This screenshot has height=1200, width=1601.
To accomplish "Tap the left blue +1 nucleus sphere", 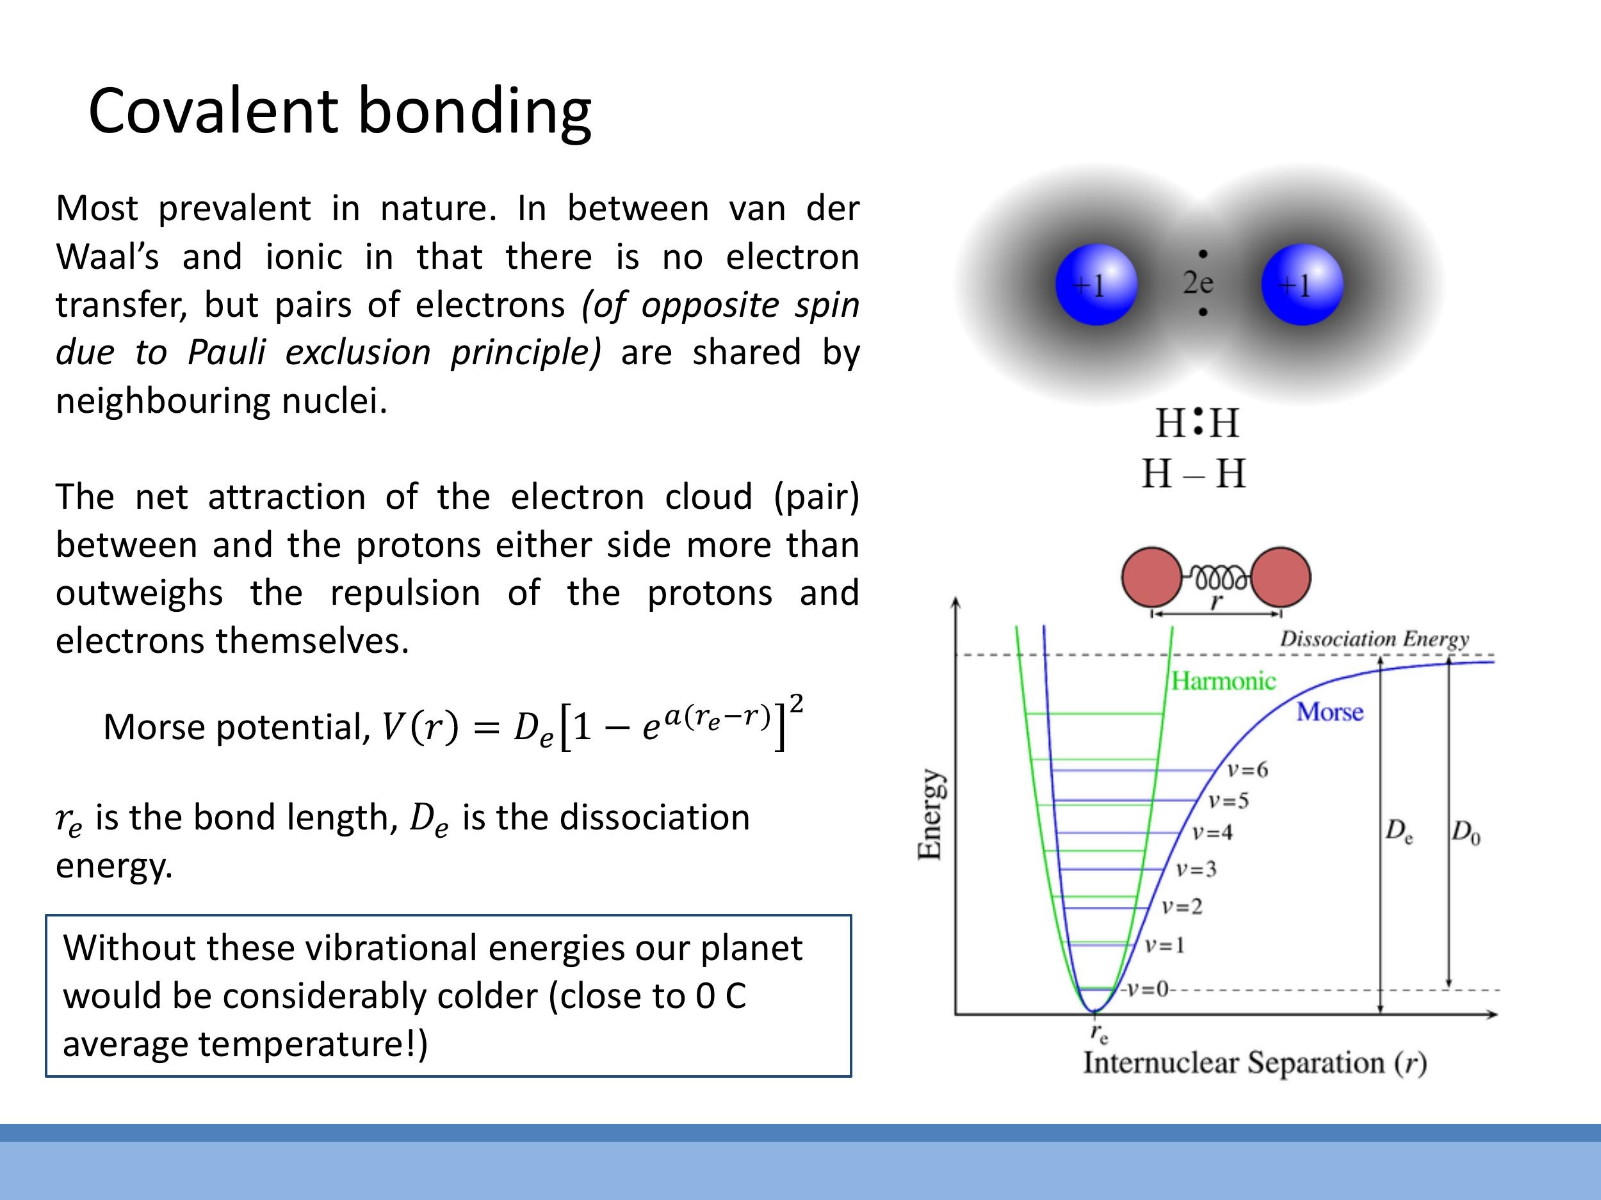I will point(1096,285).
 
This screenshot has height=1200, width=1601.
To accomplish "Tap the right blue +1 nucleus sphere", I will point(1301,285).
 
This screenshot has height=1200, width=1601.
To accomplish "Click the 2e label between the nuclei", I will point(1198,283).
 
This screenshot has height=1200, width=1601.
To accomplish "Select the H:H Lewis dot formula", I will point(1196,423).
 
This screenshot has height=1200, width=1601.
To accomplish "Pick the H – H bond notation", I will point(1194,474).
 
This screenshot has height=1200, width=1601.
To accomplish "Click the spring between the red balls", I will point(1217,578).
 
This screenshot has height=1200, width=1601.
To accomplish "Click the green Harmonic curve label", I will point(1223,681).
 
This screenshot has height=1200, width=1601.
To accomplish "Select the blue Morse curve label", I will point(1329,712).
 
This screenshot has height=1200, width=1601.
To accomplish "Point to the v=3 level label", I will point(1196,868).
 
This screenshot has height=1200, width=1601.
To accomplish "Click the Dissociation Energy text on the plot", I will point(1374,639).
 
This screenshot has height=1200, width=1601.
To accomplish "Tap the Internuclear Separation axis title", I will point(1254,1063).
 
